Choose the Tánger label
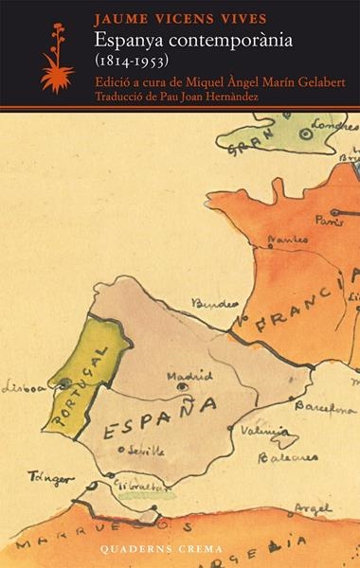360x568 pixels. [x=49, y=477]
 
